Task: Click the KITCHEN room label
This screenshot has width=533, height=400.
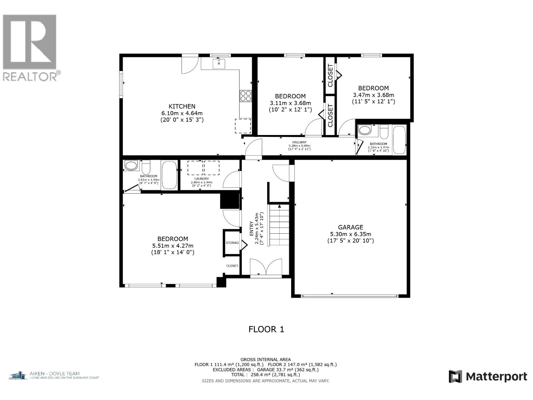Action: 182,106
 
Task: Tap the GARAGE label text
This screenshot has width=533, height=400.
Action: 350,227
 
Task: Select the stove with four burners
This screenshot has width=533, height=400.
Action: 246,96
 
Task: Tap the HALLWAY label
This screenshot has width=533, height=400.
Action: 299,142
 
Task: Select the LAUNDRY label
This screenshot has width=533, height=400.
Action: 202,179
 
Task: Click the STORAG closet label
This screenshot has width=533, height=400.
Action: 232,243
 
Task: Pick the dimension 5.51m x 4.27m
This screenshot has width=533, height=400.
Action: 173,246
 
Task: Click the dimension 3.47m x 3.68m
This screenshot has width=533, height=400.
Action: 373,95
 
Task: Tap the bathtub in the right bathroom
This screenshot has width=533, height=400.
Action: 399,140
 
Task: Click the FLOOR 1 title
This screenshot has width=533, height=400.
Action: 266,329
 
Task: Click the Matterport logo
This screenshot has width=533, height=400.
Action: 488,377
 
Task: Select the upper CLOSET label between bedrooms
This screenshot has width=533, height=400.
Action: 330,75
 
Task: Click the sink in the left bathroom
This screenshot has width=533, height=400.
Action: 131,165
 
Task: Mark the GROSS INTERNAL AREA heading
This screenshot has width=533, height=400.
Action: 266,359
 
